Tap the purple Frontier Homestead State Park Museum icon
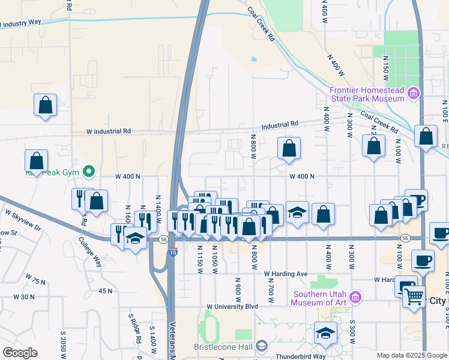pyautogui.click(x=412, y=93)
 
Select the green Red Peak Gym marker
pyautogui.click(x=89, y=172)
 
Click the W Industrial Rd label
pyautogui.click(x=108, y=131)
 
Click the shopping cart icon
pyautogui.click(x=414, y=295)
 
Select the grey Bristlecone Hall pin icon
pyautogui.click(x=262, y=346)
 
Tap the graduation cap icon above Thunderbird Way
pyautogui.click(x=325, y=333)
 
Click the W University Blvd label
pyautogui.click(x=232, y=307)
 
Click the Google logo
pyautogui.click(x=19, y=353)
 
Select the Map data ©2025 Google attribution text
pyautogui.click(x=412, y=355)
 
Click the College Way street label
pyautogui.click(x=90, y=250)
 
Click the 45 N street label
pyautogui.click(x=106, y=291)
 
